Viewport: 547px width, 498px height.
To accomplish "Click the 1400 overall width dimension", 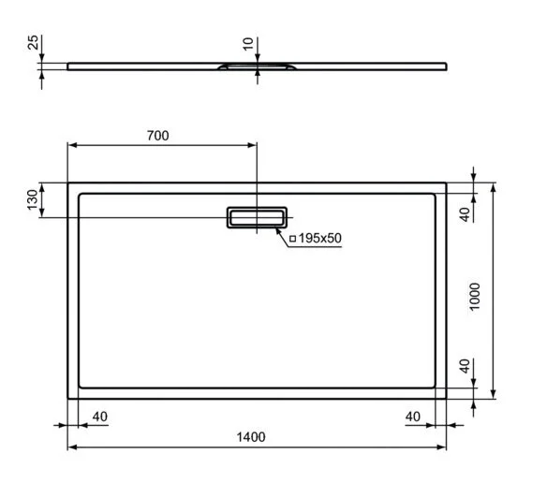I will pyautogui.click(x=251, y=437).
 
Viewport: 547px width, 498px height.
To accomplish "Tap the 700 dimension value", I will pyautogui.click(x=157, y=136).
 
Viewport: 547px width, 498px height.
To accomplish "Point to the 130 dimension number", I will pyautogui.click(x=33, y=200).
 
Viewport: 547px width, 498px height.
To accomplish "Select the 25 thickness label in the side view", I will pyautogui.click(x=32, y=44).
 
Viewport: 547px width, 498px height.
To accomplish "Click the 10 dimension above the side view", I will pyautogui.click(x=246, y=44).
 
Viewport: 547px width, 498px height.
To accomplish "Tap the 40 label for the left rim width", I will pyautogui.click(x=100, y=416).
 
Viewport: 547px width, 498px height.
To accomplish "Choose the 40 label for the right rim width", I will pyautogui.click(x=411, y=416).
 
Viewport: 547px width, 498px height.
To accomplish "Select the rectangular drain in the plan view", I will pyautogui.click(x=256, y=217).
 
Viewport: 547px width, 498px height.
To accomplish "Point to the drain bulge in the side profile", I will pyautogui.click(x=256, y=66).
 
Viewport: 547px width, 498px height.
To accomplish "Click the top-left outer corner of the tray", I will pyautogui.click(x=67, y=183).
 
